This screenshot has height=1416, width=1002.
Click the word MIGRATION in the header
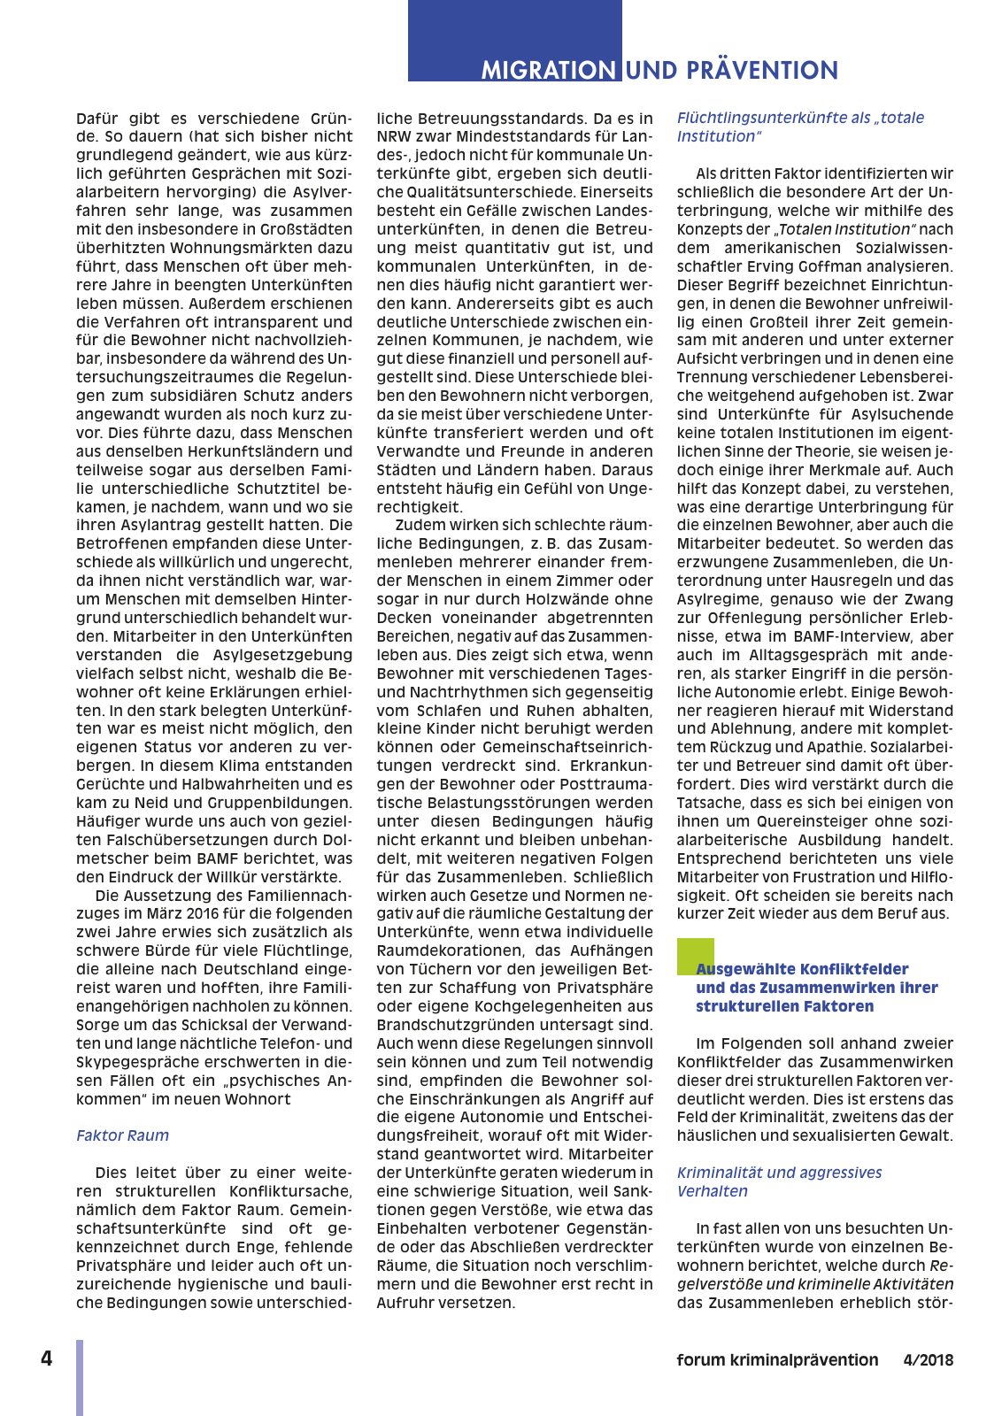coord(548,70)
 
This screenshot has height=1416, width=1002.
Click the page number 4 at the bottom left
coord(47,1358)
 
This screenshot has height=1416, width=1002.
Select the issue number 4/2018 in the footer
coord(928,1360)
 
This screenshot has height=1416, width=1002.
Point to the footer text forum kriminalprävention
coord(777,1360)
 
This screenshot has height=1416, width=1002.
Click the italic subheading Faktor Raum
coord(122,1135)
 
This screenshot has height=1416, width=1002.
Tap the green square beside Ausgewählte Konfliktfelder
coord(695,955)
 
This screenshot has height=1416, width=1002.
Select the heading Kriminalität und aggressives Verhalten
coord(779,1181)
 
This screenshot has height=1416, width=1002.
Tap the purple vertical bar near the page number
coord(80,1377)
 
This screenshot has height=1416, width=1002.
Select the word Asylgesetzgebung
coord(282,655)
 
